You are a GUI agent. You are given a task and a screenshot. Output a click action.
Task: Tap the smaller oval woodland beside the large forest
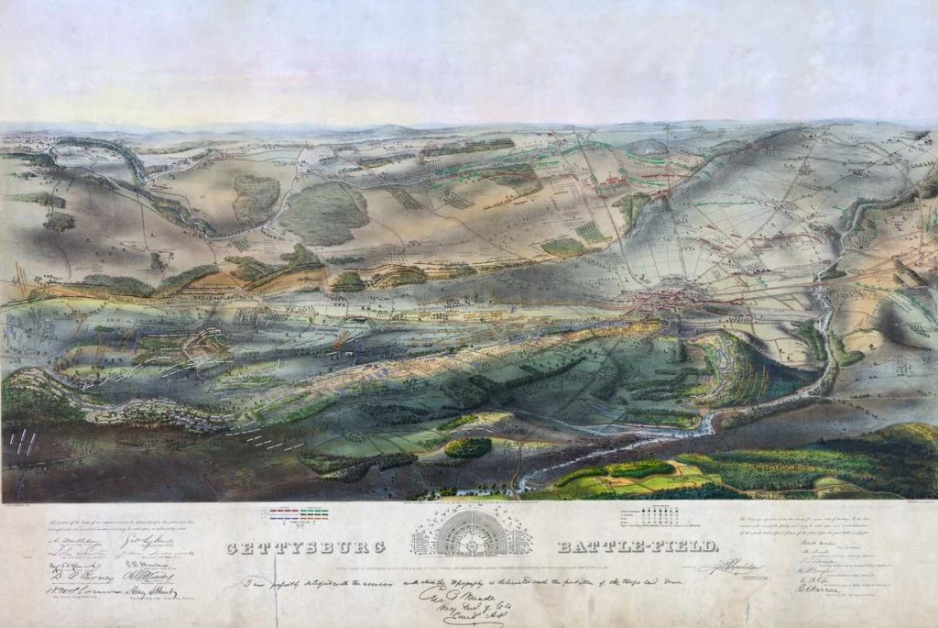pos(256,198)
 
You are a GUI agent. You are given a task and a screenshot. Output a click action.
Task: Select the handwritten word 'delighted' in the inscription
pos(315,582)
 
